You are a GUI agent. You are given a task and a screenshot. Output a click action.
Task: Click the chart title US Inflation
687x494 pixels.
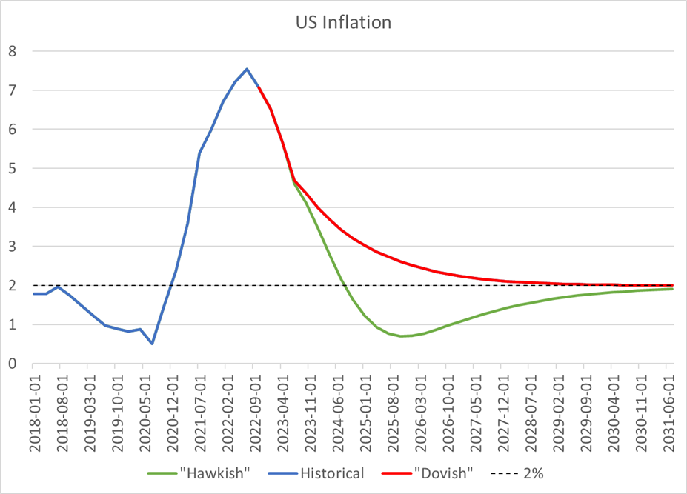342,23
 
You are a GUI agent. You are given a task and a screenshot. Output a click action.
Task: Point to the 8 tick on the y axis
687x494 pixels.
12,51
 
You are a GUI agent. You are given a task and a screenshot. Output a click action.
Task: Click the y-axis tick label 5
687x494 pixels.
12,168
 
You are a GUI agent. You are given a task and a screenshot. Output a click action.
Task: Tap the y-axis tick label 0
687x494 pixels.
12,364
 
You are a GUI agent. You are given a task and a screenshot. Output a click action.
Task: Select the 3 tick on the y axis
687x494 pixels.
12,247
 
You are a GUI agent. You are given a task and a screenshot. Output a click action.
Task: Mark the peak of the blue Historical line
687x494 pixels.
247,69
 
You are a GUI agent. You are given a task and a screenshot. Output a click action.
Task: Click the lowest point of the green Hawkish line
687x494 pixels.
401,336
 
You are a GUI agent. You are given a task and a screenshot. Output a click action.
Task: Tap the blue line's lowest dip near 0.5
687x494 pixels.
152,344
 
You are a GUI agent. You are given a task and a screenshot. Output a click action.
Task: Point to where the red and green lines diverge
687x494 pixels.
293,179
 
